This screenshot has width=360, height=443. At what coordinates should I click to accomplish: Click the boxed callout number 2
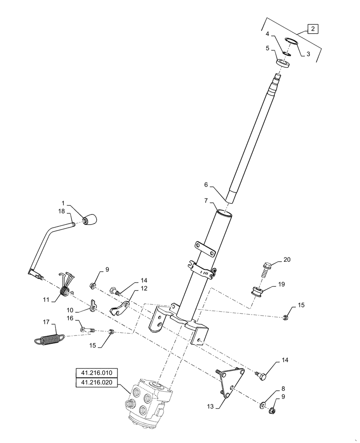[x=313, y=29]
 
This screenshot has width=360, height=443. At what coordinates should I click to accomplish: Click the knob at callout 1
[x=90, y=219]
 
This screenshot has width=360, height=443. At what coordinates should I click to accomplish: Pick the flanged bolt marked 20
[x=267, y=267]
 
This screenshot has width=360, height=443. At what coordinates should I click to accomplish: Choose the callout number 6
[x=206, y=184]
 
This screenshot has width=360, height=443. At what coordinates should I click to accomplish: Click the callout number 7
[x=206, y=201]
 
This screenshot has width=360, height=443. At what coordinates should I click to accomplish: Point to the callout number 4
[x=268, y=34]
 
